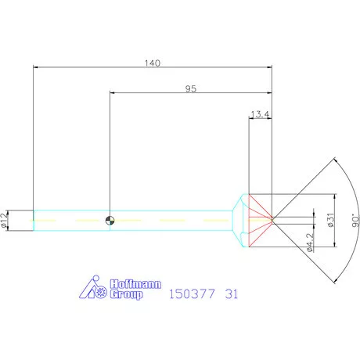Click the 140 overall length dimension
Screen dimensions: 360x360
pyautogui.click(x=153, y=63)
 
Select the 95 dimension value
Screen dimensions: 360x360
pyautogui.click(x=190, y=88)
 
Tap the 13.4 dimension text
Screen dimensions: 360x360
pyautogui.click(x=260, y=115)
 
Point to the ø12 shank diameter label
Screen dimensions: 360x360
pyautogui.click(x=5, y=221)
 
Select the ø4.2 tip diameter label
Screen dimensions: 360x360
pyautogui.click(x=311, y=243)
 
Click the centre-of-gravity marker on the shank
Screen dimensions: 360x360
pyautogui.click(x=110, y=221)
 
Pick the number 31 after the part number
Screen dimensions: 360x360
pyautogui.click(x=231, y=295)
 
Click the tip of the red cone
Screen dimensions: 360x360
pyautogui.click(x=271, y=220)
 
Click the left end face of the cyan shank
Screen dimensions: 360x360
pyautogui.click(x=34, y=221)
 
